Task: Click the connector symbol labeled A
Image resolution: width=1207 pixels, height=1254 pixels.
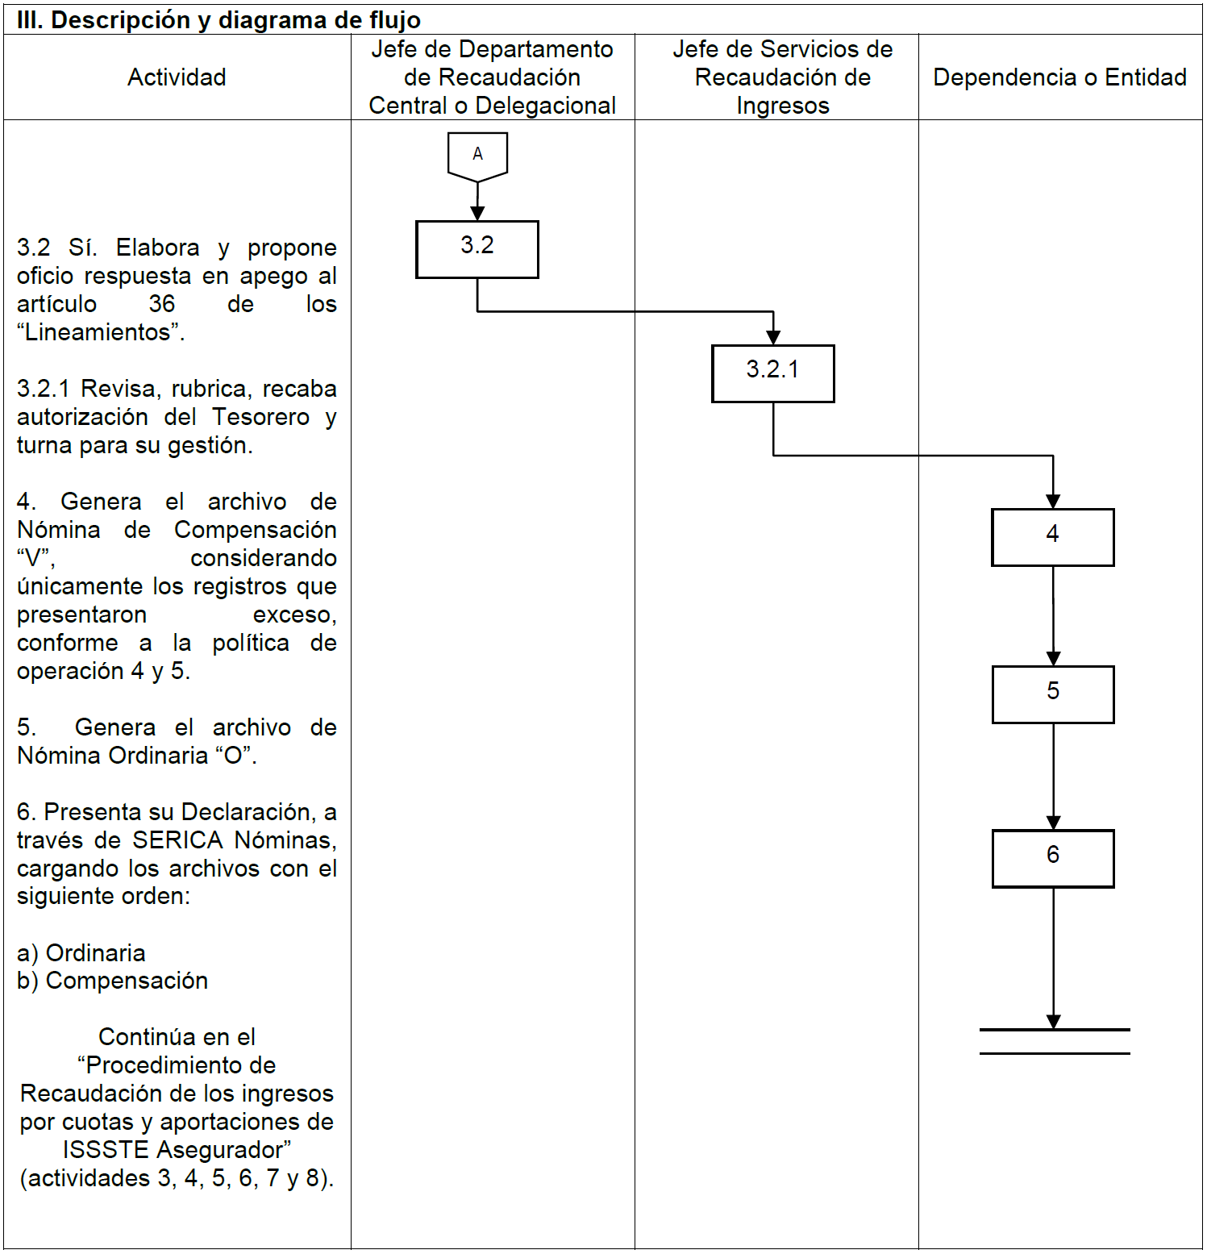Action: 477,156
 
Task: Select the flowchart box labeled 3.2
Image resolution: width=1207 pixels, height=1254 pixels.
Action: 477,249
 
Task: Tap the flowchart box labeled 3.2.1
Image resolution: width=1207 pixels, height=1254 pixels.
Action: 772,373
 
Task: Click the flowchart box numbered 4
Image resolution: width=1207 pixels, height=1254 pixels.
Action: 1052,537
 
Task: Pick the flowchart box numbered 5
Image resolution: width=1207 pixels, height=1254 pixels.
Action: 1052,694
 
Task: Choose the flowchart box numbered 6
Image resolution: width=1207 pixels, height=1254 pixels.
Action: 1052,858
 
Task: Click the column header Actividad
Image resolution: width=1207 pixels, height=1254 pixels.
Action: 177,77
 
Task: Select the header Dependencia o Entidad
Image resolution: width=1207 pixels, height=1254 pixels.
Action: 1059,77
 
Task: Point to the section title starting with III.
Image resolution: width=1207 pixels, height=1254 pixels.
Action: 219,20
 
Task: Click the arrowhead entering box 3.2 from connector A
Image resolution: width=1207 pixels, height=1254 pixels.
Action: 477,213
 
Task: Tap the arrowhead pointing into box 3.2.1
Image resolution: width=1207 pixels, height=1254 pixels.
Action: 773,337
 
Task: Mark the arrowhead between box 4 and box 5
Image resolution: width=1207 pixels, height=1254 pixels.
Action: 1053,658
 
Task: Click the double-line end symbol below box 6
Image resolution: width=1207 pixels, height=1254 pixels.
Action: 1055,1041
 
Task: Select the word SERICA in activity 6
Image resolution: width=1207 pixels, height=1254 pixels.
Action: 177,840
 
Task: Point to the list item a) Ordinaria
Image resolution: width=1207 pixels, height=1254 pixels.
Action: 81,953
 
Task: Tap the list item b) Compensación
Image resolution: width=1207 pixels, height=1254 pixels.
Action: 112,981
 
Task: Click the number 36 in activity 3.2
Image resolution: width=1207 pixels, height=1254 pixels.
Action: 161,304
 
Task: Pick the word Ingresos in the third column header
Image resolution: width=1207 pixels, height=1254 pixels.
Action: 782,106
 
